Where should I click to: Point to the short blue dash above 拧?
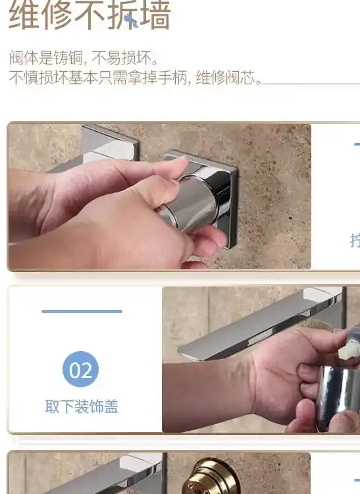click(x=356, y=144)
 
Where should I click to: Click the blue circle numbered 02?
click(x=81, y=370)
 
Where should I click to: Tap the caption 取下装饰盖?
click(x=82, y=407)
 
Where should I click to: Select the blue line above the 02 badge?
click(x=82, y=311)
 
